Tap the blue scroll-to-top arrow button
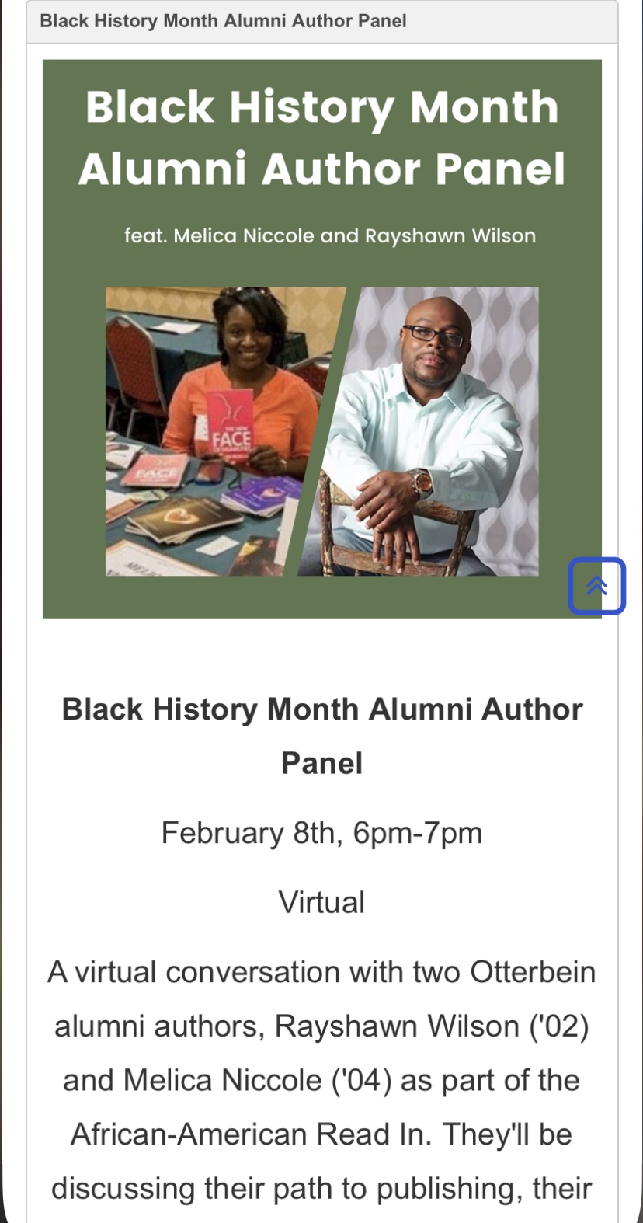596,586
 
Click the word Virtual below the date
321,901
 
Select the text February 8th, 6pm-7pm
321,833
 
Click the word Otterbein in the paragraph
533,972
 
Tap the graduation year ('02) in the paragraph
559,1026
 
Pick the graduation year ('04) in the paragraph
361,1080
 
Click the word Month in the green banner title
484,106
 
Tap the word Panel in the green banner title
500,169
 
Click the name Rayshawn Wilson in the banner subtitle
450,236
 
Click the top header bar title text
223,21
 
